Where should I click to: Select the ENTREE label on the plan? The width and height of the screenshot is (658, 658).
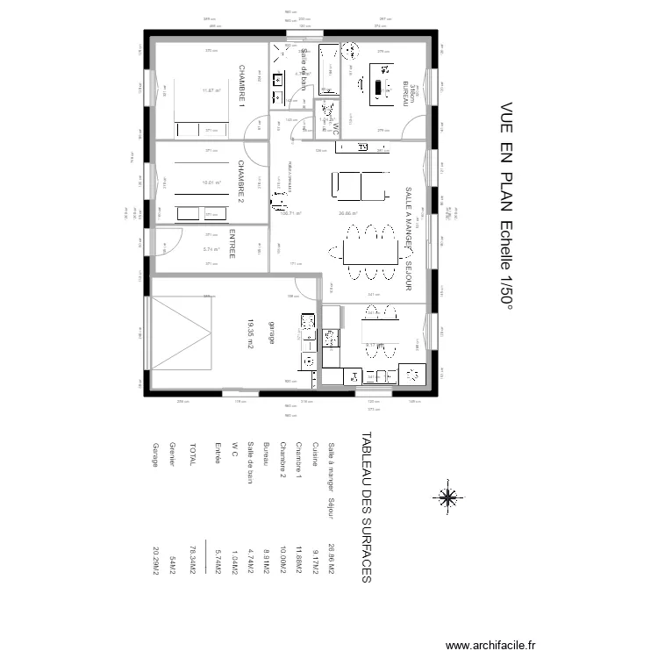(x=232, y=244)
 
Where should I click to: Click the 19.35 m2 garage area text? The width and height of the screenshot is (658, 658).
(x=249, y=334)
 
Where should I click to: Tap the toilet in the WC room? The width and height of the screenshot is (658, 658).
(x=327, y=111)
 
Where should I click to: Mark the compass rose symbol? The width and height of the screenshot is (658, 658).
(x=447, y=497)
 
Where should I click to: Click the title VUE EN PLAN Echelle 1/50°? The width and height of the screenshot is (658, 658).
(x=506, y=202)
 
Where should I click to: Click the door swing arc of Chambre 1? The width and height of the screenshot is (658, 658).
(x=255, y=127)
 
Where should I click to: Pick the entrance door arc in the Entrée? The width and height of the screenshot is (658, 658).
(x=169, y=240)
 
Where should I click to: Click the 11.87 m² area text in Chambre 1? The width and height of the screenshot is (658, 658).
(x=211, y=89)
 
